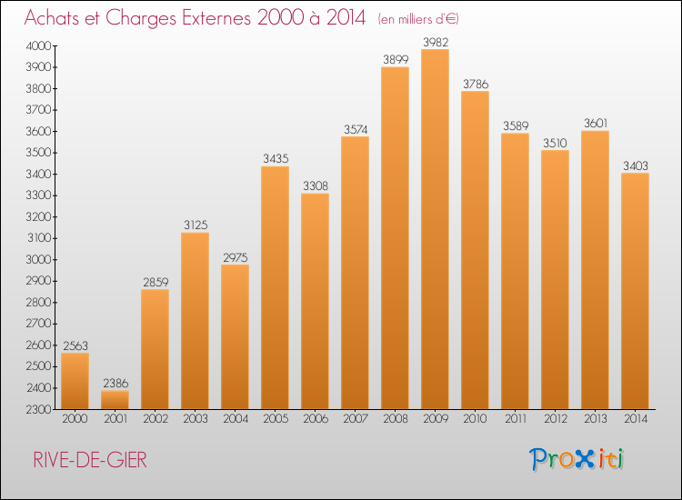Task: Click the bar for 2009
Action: [x=435, y=229]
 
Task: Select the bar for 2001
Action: [x=115, y=400]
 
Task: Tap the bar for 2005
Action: [x=275, y=287]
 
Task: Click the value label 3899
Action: [x=395, y=59]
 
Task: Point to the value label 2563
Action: [x=75, y=345]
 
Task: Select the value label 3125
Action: [x=195, y=225]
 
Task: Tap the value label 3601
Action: [x=595, y=124]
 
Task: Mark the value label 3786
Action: [x=475, y=84]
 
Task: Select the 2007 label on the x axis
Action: [x=355, y=420]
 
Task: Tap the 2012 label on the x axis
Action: [x=555, y=420]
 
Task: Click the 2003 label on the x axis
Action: [x=195, y=420]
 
